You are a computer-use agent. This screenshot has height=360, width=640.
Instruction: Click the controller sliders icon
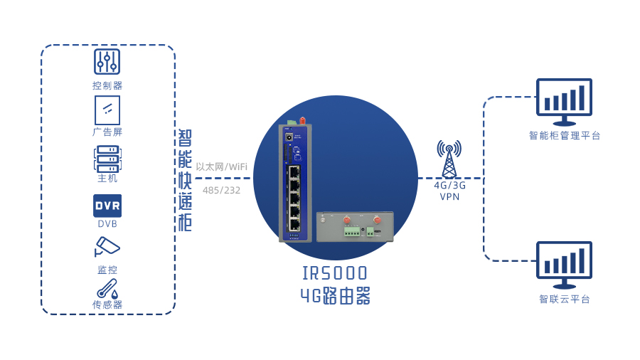107,62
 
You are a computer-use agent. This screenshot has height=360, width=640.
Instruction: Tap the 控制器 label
107,85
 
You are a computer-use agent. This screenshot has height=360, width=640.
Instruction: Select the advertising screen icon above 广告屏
107,110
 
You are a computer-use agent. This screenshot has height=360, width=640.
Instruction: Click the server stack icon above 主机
108,159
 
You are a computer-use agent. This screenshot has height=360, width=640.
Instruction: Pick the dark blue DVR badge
107,206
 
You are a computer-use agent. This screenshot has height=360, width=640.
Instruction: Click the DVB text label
107,223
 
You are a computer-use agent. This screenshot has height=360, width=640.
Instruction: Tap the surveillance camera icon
107,247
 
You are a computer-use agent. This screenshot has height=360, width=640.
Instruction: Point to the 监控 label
107,270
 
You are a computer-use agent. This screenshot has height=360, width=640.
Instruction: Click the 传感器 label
107,305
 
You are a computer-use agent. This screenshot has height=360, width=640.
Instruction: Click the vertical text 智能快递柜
185,180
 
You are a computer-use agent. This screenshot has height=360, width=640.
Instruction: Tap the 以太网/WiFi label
222,166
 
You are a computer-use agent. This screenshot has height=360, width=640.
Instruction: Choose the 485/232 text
222,190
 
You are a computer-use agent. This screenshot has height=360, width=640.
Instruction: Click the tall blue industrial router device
295,181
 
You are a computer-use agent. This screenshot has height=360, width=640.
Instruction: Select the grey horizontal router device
355,226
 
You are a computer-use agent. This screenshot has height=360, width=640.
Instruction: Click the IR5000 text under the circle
335,273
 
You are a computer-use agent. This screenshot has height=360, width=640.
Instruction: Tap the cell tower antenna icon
449,159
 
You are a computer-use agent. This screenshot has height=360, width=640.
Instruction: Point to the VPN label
449,197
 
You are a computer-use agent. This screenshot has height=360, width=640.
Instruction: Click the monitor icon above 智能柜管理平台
564,102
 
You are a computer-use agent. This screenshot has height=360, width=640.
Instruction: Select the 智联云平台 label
565,300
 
